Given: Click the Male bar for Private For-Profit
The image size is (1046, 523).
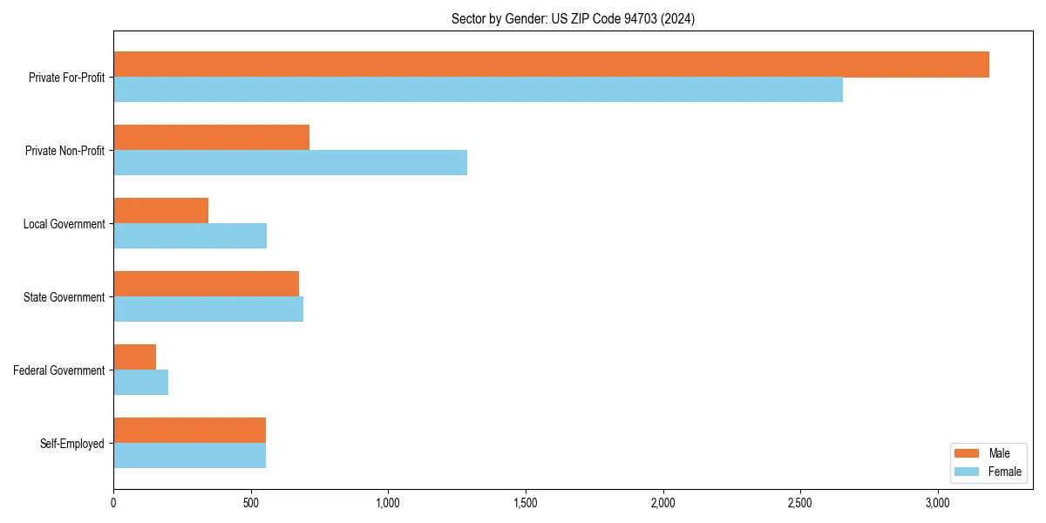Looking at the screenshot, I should (551, 65).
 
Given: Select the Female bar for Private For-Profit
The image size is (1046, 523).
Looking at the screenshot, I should (478, 90).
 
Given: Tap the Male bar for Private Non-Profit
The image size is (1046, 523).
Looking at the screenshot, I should (211, 138).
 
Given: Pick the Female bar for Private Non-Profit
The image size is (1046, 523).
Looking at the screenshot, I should (290, 163).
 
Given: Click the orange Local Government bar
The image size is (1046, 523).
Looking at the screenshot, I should (160, 211).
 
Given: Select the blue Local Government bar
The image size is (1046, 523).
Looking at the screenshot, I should (190, 236).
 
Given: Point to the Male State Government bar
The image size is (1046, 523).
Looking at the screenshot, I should (206, 284).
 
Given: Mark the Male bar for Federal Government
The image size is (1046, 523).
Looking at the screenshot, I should (134, 357).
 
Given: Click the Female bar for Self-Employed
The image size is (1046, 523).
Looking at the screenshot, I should (189, 456).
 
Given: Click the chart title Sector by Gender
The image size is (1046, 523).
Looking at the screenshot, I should (573, 19).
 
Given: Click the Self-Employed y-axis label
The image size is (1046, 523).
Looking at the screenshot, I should (72, 444).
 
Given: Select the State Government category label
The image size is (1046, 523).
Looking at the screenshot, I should (65, 297).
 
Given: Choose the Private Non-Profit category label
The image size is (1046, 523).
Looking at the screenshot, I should (65, 151).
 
